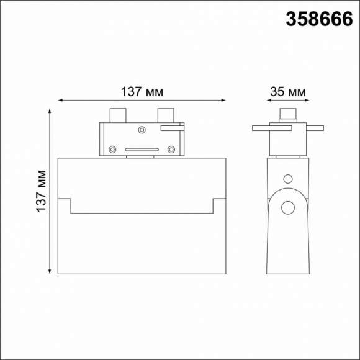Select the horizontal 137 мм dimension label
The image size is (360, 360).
[x=142, y=92]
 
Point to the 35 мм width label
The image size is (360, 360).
[x=287, y=92]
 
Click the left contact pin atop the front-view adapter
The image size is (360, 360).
[x=117, y=115]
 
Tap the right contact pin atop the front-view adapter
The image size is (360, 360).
[x=166, y=115]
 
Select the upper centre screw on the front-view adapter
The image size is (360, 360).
[x=142, y=130]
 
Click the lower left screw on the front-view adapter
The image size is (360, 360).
[x=112, y=149]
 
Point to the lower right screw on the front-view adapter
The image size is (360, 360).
[x=171, y=149]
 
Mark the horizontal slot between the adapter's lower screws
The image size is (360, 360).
[x=142, y=150]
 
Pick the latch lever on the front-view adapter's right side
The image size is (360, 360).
[x=172, y=127]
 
